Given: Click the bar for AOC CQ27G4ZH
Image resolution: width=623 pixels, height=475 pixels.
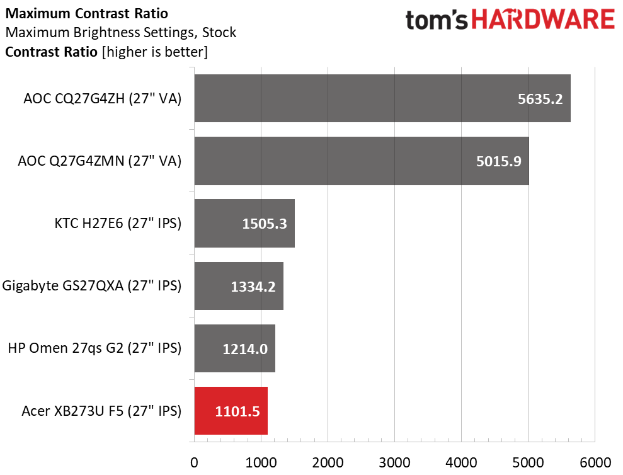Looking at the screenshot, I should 382,98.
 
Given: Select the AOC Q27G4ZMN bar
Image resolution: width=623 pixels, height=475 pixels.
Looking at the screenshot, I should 362,161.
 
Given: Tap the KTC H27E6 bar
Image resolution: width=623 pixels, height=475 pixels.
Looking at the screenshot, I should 244,223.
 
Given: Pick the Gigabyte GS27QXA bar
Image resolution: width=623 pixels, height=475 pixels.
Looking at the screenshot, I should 239,285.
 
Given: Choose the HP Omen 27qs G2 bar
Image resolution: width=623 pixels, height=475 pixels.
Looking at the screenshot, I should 235,348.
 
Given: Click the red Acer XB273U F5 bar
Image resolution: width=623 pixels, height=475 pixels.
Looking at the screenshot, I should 231,411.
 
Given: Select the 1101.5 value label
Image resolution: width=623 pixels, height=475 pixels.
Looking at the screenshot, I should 237,411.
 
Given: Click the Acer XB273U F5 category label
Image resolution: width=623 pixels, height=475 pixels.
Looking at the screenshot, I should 101,411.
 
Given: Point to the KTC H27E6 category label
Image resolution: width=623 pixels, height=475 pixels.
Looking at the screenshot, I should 118,223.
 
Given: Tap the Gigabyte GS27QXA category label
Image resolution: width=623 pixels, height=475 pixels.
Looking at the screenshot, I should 92,286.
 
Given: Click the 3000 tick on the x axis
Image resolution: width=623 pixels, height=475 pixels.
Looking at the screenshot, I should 394,461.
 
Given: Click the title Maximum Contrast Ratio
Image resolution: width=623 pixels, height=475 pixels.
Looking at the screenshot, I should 86,13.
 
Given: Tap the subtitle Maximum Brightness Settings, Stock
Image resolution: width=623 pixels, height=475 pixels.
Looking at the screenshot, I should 120,32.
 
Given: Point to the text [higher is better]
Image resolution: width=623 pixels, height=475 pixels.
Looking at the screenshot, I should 154,52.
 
